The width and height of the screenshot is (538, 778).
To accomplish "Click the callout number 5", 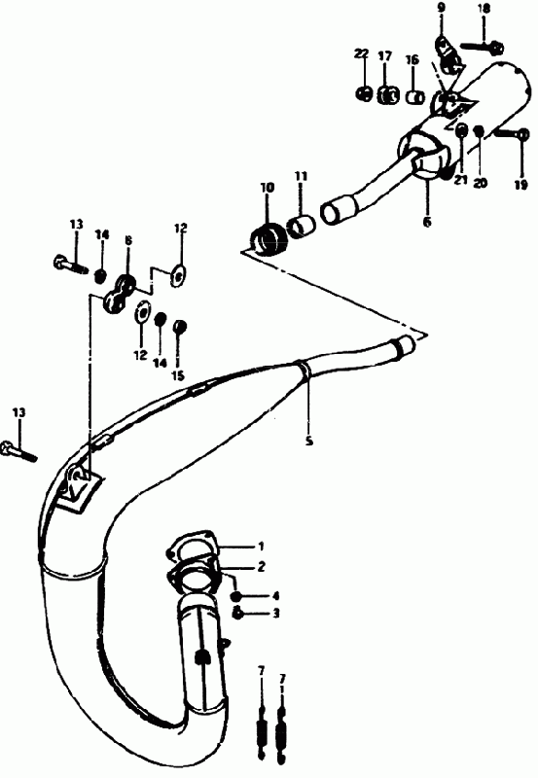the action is tap(309, 441).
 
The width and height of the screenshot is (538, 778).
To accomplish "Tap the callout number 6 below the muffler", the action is tap(427, 222).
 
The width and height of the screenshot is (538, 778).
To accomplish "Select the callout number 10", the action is tap(267, 188).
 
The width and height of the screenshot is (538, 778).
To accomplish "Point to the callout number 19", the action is tap(520, 185).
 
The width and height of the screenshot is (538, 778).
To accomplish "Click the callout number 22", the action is tap(362, 53).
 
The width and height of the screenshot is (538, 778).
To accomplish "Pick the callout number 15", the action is tap(178, 375).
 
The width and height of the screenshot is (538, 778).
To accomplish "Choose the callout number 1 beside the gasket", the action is tap(261, 547).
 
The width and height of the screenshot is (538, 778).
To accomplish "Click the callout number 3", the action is tap(276, 614).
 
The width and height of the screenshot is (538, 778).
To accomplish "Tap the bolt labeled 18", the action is tap(483, 48).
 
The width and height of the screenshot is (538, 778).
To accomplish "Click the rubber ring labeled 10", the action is tap(269, 238).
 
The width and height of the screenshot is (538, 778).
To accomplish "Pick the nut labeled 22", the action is tap(364, 93).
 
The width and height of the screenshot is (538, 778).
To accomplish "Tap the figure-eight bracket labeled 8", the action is tap(120, 294).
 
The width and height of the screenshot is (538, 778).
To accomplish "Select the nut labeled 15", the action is tap(179, 327).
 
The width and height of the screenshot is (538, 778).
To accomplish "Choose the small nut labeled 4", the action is tap(236, 596).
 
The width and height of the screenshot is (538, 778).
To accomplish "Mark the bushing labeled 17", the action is tap(388, 94).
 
